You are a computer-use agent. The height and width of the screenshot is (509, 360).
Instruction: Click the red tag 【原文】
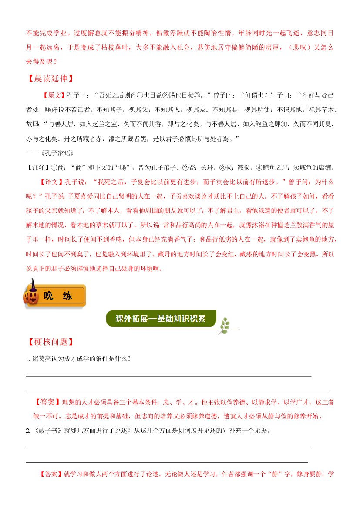pos(53,95)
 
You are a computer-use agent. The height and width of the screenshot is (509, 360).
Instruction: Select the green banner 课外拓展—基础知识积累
pos(161,318)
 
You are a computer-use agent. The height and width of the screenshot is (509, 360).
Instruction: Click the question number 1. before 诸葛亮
pos(28,359)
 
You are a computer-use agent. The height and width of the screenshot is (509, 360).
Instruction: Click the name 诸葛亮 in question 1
pos(43,359)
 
